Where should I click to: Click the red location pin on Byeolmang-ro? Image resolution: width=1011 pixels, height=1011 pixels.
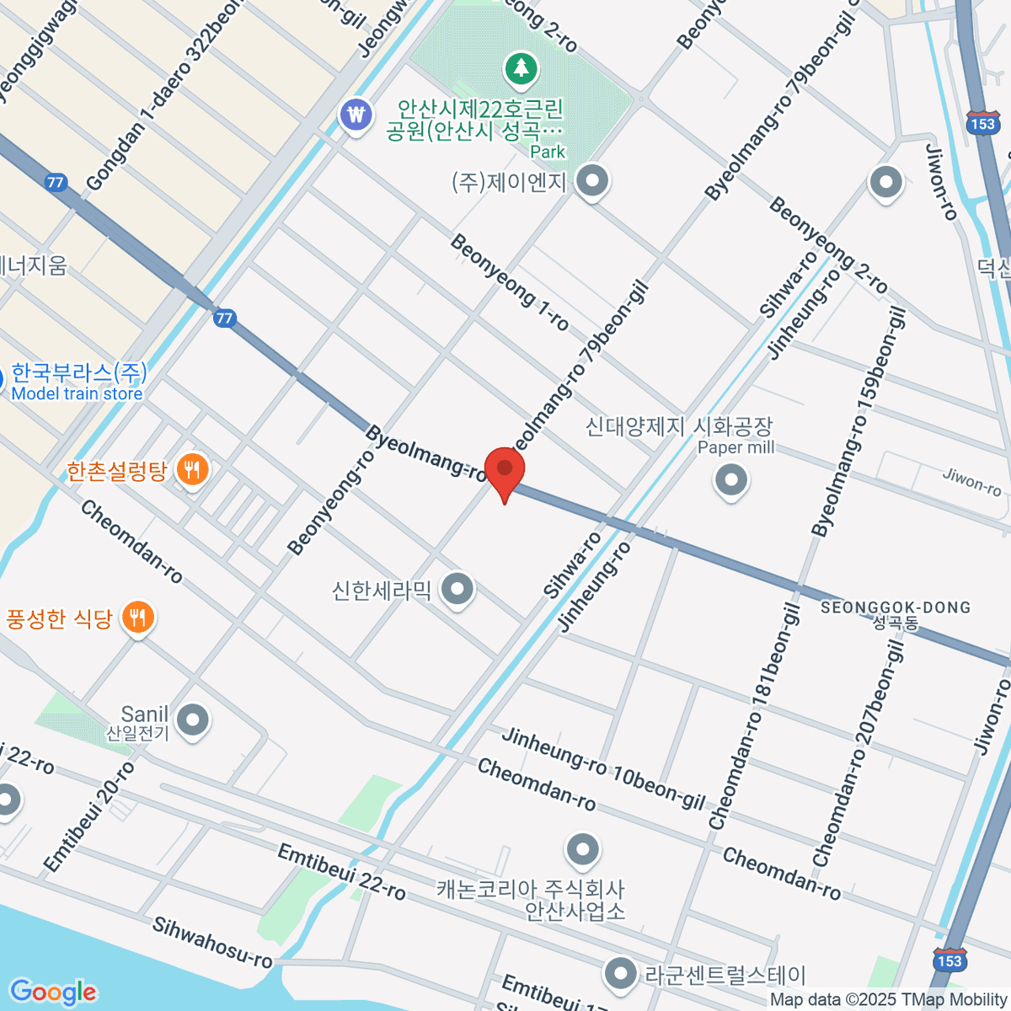504,471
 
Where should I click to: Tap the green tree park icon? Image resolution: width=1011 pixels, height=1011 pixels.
522,68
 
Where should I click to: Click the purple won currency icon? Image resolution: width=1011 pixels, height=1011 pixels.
356,115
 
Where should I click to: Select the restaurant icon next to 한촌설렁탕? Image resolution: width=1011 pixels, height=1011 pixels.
192,470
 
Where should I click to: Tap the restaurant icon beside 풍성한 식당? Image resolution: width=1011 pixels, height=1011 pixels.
137,618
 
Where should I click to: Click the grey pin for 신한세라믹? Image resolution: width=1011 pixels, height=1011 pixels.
457,589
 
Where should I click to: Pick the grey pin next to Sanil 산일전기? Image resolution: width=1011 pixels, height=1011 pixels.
194,720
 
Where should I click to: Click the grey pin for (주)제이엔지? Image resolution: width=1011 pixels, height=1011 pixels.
592,181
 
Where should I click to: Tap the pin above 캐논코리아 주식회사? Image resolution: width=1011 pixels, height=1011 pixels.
582,851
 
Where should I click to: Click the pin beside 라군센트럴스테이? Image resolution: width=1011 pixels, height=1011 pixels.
621,974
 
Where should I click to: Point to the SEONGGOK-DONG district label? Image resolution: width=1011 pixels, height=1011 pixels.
895,608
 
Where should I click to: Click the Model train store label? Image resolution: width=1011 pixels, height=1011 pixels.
77,394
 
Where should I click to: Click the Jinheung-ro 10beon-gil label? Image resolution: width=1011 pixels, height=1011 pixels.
602,768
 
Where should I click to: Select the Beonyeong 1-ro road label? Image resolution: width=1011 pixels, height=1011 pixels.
509,281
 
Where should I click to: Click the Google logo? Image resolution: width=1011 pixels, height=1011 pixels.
52,992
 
